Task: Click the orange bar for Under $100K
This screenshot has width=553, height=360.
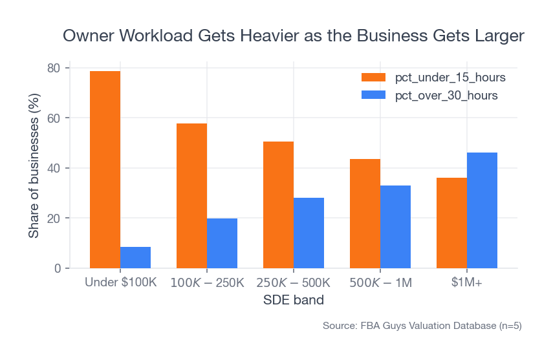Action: (105, 169)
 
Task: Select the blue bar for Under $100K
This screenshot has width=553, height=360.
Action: (135, 257)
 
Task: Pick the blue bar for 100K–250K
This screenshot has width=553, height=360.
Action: (222, 243)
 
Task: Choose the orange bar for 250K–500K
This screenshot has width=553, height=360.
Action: (278, 205)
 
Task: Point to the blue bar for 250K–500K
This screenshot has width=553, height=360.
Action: (309, 233)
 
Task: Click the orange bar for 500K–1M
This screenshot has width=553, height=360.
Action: (365, 213)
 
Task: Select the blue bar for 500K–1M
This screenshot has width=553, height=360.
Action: (395, 227)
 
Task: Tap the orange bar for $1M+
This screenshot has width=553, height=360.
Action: (451, 223)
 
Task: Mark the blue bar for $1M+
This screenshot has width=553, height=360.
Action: (482, 210)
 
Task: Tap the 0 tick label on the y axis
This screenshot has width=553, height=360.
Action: (57, 268)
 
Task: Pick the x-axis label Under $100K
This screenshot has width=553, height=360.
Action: (120, 283)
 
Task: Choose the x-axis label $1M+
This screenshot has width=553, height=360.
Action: (467, 283)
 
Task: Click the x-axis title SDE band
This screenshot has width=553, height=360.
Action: (293, 301)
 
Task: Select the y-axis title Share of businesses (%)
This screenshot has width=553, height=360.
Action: (34, 168)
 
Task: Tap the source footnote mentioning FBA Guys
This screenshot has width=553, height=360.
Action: (422, 326)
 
